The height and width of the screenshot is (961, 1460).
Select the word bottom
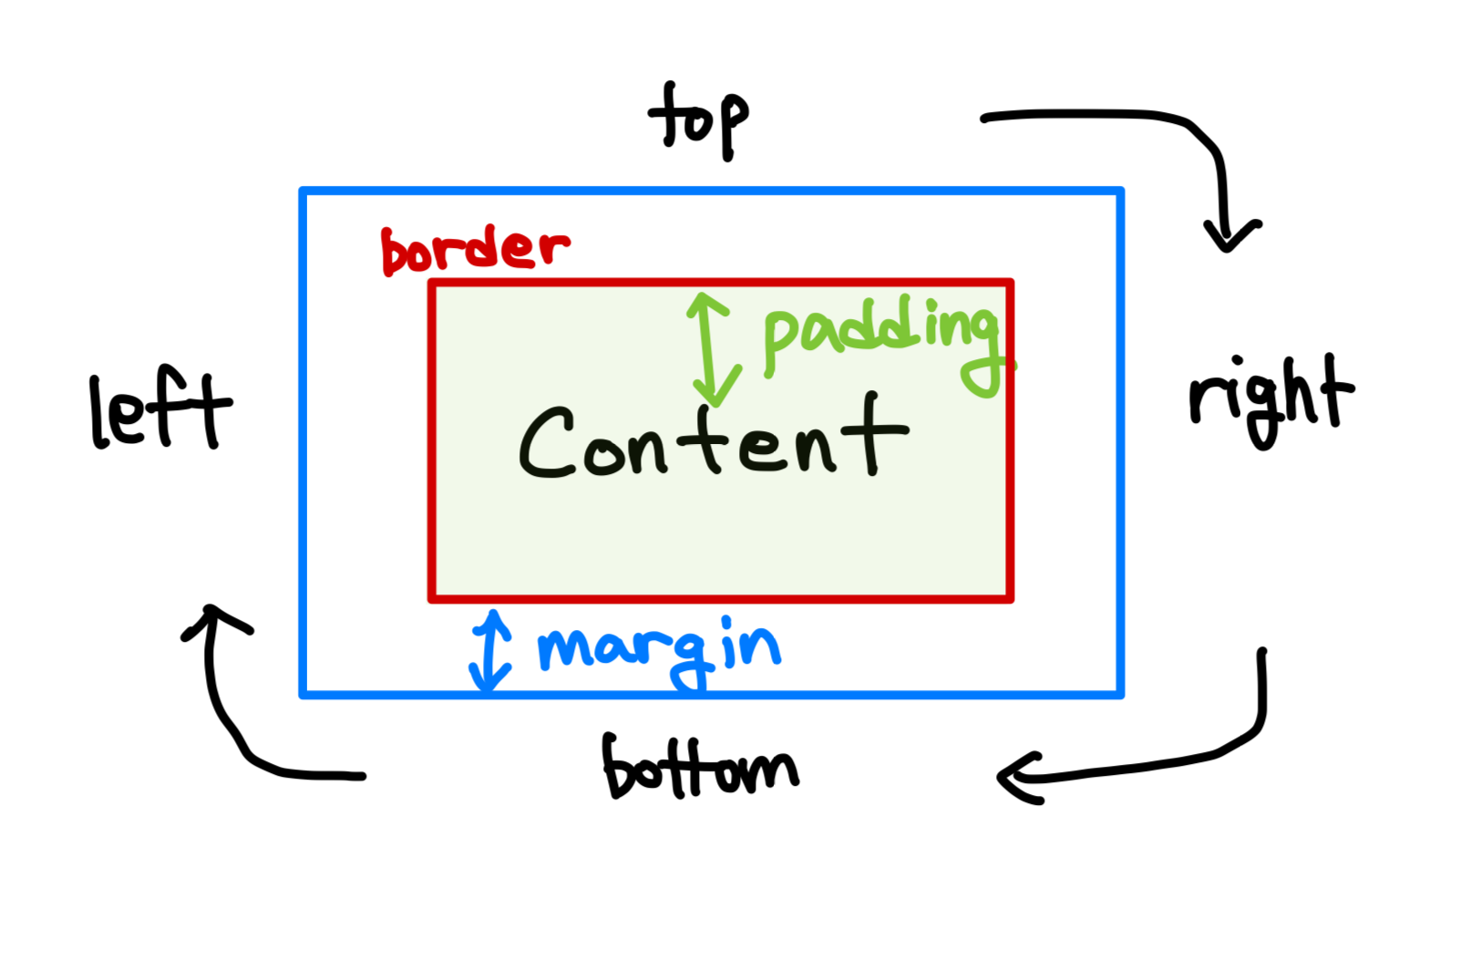[699, 768]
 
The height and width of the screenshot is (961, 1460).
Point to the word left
[160, 409]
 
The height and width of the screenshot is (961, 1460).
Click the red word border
[474, 249]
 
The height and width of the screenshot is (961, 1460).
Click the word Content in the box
[713, 439]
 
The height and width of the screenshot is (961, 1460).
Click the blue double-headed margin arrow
[490, 650]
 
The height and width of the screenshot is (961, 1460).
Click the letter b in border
[395, 252]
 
